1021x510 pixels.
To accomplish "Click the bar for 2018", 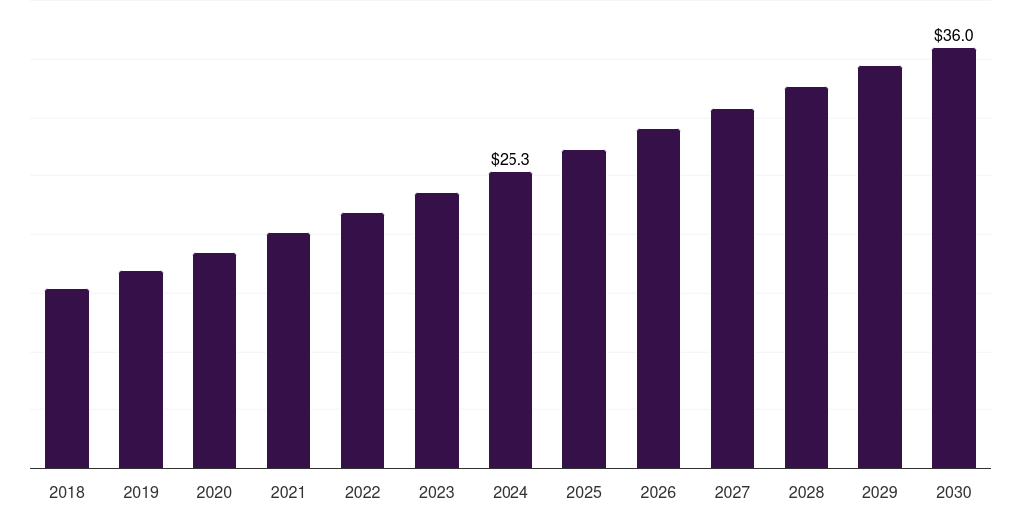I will [67, 379].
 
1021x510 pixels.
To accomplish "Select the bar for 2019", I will [141, 370].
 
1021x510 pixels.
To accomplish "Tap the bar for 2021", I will [288, 351].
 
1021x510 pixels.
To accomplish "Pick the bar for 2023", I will [437, 331].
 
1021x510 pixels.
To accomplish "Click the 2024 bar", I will [510, 320].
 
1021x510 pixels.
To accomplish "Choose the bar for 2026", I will [658, 299].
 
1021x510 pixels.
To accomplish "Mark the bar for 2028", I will [806, 277].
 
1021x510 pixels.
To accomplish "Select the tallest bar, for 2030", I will [954, 258].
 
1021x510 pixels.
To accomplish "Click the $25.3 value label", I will [510, 159].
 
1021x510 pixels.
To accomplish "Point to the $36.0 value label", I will [954, 35].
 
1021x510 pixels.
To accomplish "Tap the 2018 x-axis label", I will [67, 492].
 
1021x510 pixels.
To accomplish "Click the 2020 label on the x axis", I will [214, 492].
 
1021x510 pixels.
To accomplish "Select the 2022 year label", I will [362, 492].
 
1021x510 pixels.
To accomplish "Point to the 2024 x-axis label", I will [510, 492].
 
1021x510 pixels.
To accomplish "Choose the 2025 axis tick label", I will [584, 492].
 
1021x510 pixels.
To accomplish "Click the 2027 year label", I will [732, 492].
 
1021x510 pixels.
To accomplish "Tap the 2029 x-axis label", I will [880, 492].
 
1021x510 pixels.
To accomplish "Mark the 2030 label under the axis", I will [954, 492].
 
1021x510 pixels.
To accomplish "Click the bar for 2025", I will [584, 309].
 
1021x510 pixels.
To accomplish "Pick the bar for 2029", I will [880, 267].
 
